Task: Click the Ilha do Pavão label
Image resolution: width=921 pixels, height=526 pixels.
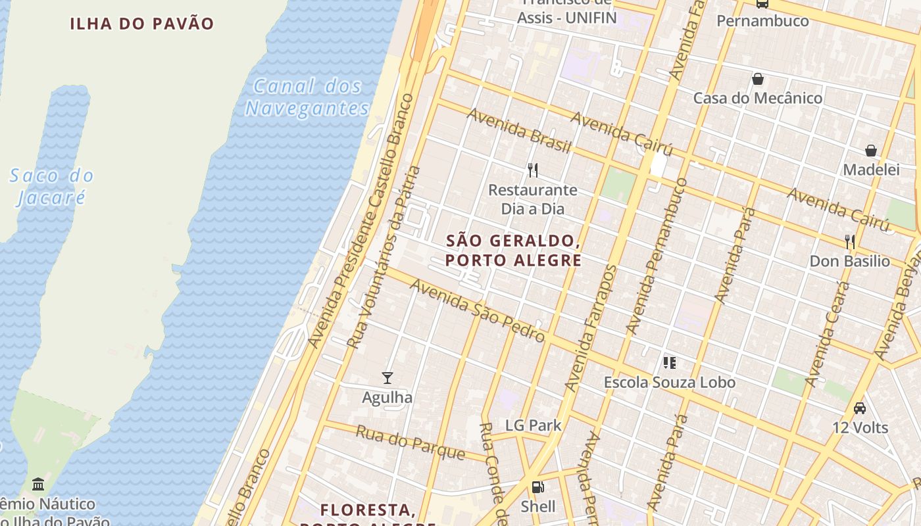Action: click(142, 24)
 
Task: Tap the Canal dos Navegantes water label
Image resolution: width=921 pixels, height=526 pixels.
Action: click(307, 97)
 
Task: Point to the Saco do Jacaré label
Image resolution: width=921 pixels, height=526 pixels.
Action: click(51, 186)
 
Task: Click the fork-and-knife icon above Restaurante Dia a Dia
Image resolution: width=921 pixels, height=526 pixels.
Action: click(533, 170)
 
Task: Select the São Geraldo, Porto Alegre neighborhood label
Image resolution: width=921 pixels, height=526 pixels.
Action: click(513, 251)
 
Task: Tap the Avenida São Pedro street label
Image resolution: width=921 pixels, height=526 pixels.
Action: click(478, 310)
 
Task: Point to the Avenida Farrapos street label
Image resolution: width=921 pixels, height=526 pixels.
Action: click(590, 328)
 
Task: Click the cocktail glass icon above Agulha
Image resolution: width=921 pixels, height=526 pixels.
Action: click(387, 377)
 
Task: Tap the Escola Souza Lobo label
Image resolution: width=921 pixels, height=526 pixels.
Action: click(670, 382)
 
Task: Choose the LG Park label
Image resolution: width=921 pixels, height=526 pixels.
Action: click(534, 425)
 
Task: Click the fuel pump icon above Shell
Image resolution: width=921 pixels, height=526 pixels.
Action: click(537, 487)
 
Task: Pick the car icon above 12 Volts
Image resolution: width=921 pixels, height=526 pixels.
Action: click(859, 408)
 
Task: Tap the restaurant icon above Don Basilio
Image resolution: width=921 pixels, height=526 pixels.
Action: click(849, 241)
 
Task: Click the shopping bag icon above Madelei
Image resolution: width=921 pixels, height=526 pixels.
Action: click(871, 151)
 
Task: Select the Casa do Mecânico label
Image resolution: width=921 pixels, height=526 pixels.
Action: click(758, 98)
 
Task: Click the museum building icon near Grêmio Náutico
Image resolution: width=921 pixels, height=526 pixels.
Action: click(38, 484)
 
